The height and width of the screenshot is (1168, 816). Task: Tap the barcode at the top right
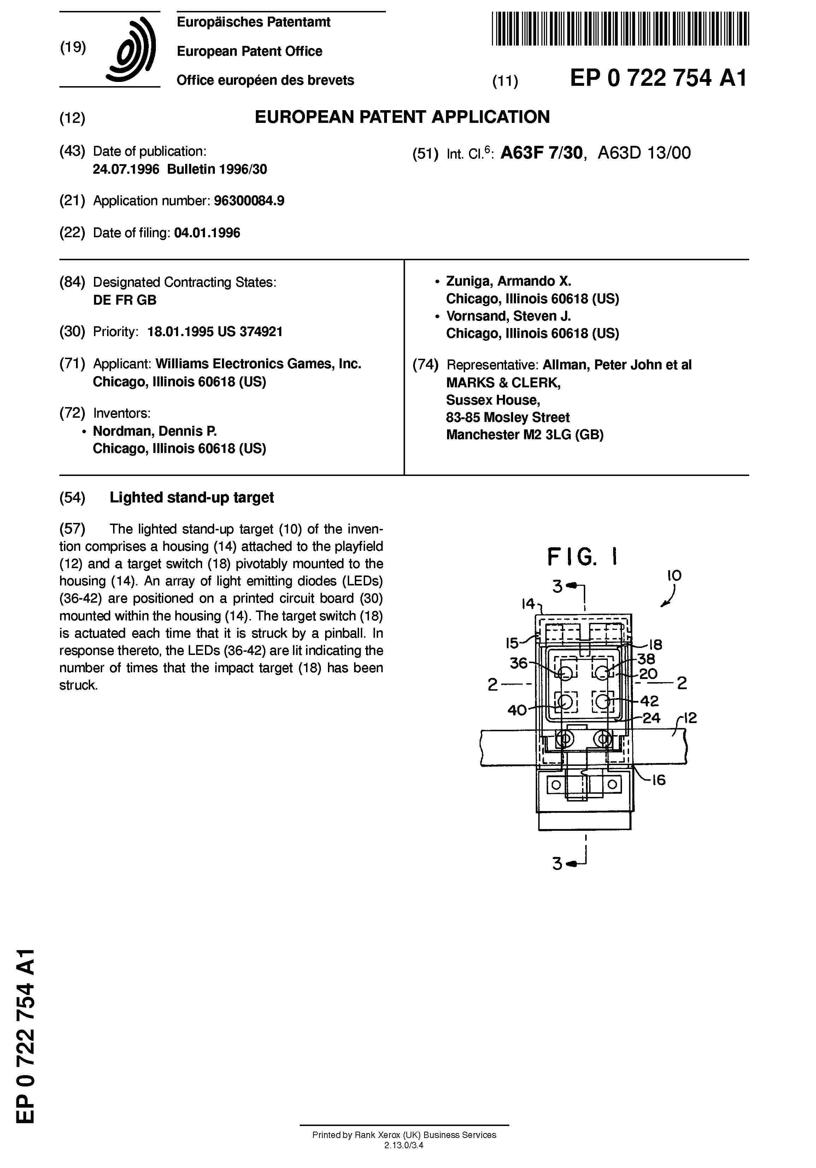click(620, 29)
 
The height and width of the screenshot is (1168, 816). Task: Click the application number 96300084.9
click(249, 201)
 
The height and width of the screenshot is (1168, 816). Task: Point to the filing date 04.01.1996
click(207, 233)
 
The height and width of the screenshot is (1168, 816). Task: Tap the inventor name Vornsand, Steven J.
click(508, 316)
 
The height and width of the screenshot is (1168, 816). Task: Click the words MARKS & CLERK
click(503, 382)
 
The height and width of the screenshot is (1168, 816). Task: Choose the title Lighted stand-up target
click(192, 497)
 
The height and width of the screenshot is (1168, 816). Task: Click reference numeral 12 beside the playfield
click(690, 718)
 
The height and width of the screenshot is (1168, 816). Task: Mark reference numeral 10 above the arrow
click(674, 576)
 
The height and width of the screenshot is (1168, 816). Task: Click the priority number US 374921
click(250, 332)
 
